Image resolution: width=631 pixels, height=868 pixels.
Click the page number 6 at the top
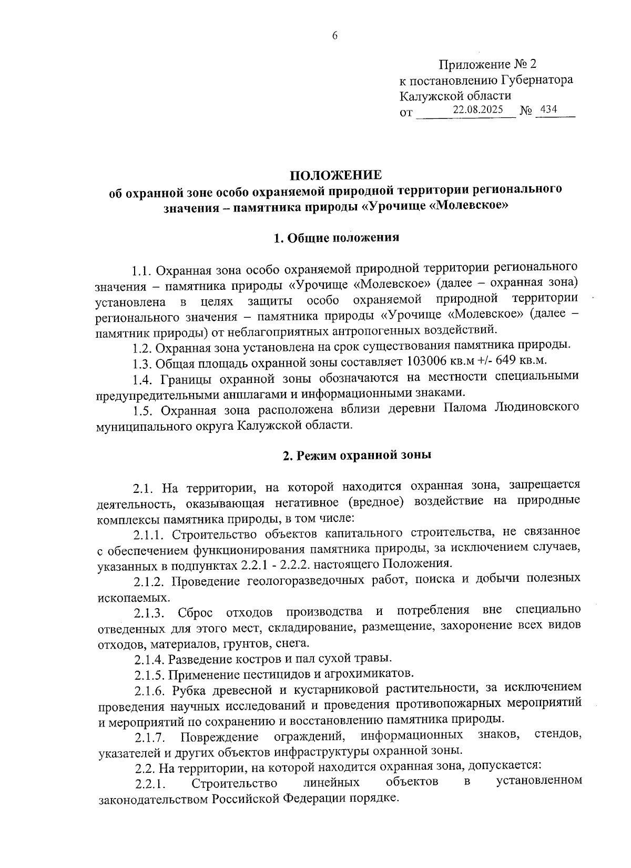point(334,36)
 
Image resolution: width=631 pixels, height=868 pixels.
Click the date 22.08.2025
point(478,110)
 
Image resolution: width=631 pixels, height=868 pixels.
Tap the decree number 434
point(548,110)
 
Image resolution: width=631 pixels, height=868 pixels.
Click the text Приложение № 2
point(487,65)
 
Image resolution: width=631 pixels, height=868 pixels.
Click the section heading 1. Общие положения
point(337,238)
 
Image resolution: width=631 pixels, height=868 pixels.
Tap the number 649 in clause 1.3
point(503,362)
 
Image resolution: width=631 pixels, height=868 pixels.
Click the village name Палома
point(465,408)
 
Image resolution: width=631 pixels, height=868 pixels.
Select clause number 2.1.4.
point(151,659)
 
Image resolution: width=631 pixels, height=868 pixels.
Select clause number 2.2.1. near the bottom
point(151,785)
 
